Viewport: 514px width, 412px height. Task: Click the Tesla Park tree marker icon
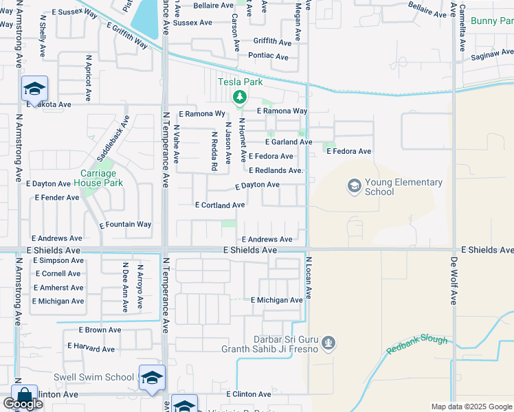point(239,98)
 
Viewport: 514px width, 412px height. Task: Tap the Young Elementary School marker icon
point(355,185)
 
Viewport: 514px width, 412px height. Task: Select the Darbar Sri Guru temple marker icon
point(329,342)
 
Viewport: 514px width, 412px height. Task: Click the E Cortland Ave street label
point(220,205)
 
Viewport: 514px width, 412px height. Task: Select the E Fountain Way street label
point(125,225)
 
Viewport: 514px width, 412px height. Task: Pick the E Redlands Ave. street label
point(276,170)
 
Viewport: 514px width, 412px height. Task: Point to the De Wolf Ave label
point(454,280)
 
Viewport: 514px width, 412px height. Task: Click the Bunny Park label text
point(493,22)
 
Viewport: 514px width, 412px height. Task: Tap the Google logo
point(23,403)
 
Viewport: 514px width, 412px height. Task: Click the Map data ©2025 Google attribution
point(471,407)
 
